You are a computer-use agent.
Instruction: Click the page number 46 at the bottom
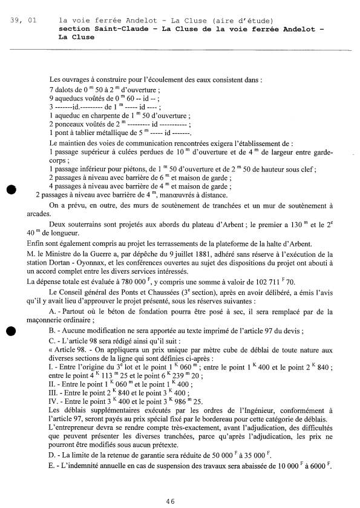pos(171,501)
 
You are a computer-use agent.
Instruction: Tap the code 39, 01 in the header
pos(24,21)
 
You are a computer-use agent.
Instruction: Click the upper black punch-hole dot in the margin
pos(11,189)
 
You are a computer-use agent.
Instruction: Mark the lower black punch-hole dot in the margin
pos(11,331)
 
